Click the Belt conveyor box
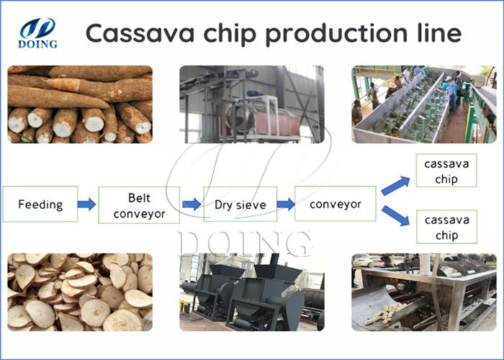coord(139,204)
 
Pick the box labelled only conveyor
coord(336,204)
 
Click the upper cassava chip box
coord(446,171)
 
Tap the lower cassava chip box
coord(446,227)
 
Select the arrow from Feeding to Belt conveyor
coord(86,204)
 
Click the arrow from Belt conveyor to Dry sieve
coord(192,204)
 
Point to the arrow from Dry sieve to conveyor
coord(285,204)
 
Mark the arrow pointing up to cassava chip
coord(396,184)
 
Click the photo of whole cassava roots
coord(79,104)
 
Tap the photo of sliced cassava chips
coord(79,292)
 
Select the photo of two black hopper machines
coord(252,292)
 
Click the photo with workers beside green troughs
coord(423,104)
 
